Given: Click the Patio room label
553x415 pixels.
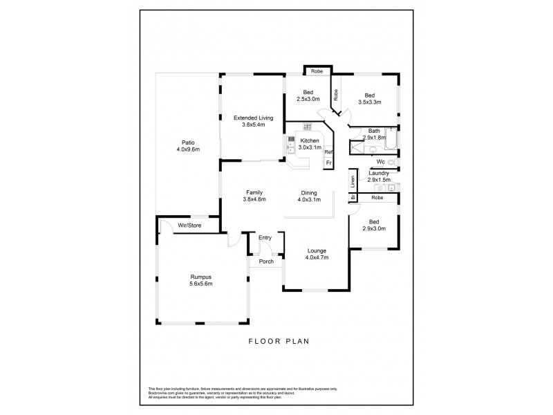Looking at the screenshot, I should pyautogui.click(x=183, y=142).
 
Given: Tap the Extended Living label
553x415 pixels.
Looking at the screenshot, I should pyautogui.click(x=253, y=118).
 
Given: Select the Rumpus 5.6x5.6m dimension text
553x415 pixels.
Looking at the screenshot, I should pyautogui.click(x=202, y=284).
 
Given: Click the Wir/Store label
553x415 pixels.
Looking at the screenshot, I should pyautogui.click(x=189, y=225).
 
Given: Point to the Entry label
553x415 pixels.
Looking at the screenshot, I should pyautogui.click(x=265, y=238).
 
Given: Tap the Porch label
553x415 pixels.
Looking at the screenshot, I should pyautogui.click(x=266, y=261).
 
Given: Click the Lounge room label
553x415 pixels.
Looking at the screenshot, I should pyautogui.click(x=317, y=250).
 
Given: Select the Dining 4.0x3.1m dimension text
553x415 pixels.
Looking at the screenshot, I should pyautogui.click(x=309, y=200).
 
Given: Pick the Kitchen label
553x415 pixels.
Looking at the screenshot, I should pyautogui.click(x=309, y=140).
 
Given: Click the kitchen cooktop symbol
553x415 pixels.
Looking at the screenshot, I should pyautogui.click(x=308, y=126).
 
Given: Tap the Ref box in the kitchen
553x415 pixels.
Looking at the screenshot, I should pyautogui.click(x=329, y=152).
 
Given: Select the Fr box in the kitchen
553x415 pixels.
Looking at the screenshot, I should pyautogui.click(x=329, y=163).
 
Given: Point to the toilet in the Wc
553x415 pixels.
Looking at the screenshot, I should pyautogui.click(x=391, y=163).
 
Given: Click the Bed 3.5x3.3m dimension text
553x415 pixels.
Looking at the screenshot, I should pyautogui.click(x=370, y=102).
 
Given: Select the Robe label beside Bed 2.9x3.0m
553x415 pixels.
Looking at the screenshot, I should pyautogui.click(x=377, y=198).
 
